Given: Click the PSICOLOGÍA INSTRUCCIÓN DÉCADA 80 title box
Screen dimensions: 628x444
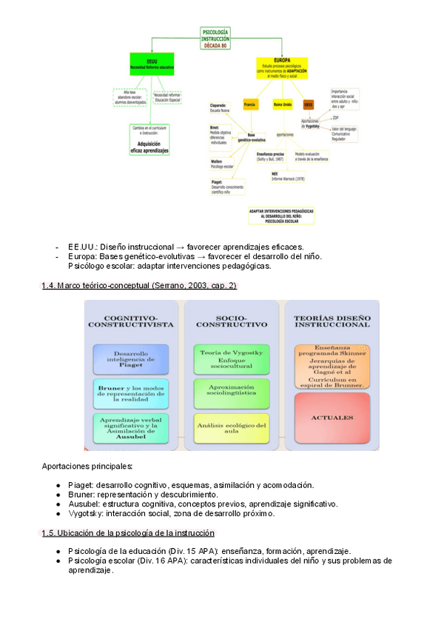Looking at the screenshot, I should [215, 38].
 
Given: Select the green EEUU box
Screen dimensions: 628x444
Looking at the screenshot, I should [152, 62].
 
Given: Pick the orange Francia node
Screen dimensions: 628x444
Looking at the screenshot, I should [251, 104].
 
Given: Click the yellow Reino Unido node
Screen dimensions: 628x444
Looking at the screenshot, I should [283, 104].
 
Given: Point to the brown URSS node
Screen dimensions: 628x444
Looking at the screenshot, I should [309, 104].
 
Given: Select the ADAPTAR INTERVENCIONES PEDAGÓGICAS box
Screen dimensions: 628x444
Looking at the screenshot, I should [281, 215].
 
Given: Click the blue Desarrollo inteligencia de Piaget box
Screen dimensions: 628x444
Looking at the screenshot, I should [130, 358].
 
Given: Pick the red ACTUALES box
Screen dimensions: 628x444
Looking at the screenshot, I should [332, 418].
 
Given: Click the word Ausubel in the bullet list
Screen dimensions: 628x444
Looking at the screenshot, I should [83, 504].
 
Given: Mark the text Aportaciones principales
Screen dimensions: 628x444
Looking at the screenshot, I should [88, 466].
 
